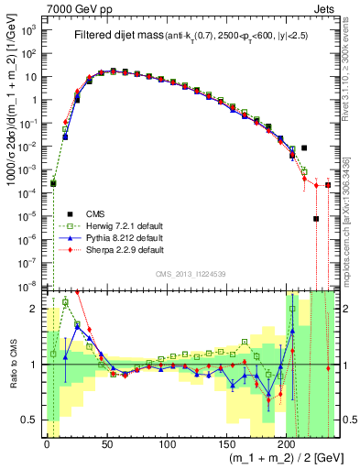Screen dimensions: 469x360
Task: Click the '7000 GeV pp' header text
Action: coord(75,7)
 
